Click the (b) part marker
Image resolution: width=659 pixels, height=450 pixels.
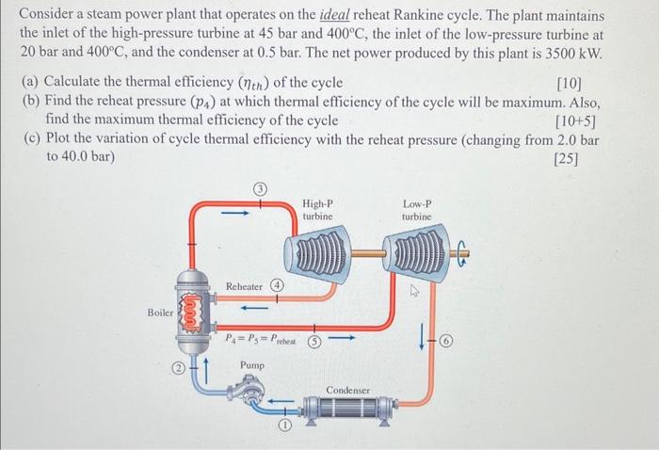[31, 103]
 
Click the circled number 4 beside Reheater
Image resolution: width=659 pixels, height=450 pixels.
[278, 284]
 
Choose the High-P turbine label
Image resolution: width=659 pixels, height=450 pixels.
[317, 209]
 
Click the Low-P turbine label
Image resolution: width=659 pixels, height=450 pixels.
[416, 209]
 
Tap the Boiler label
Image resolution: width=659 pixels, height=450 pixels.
[159, 312]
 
